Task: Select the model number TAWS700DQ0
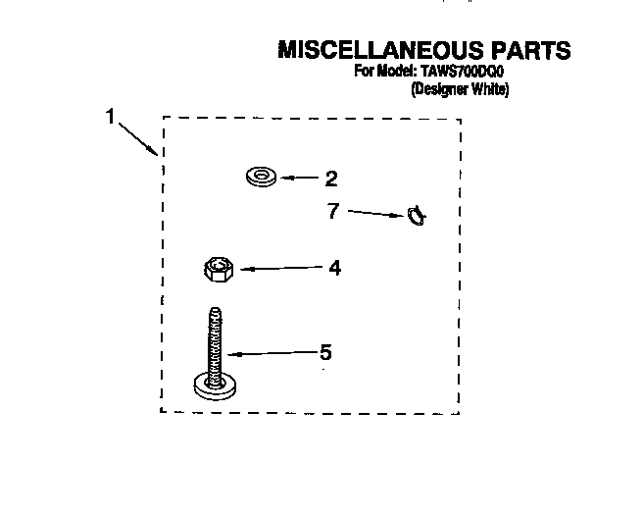pyautogui.click(x=462, y=72)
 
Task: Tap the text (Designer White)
pyautogui.click(x=460, y=89)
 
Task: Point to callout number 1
pyautogui.click(x=111, y=116)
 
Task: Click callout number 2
pyautogui.click(x=331, y=179)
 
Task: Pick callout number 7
pyautogui.click(x=333, y=211)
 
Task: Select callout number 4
pyautogui.click(x=335, y=268)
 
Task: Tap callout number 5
pyautogui.click(x=325, y=352)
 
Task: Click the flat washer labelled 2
pyautogui.click(x=261, y=177)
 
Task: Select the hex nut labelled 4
pyautogui.click(x=219, y=269)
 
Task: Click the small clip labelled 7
pyautogui.click(x=417, y=216)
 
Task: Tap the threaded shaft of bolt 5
pyautogui.click(x=215, y=345)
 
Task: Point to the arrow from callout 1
pyautogui.click(x=138, y=138)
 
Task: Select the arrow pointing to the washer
pyautogui.click(x=300, y=178)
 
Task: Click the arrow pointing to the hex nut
pyautogui.click(x=281, y=268)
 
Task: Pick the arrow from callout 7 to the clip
pyautogui.click(x=375, y=214)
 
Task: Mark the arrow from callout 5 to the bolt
pyautogui.click(x=273, y=353)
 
